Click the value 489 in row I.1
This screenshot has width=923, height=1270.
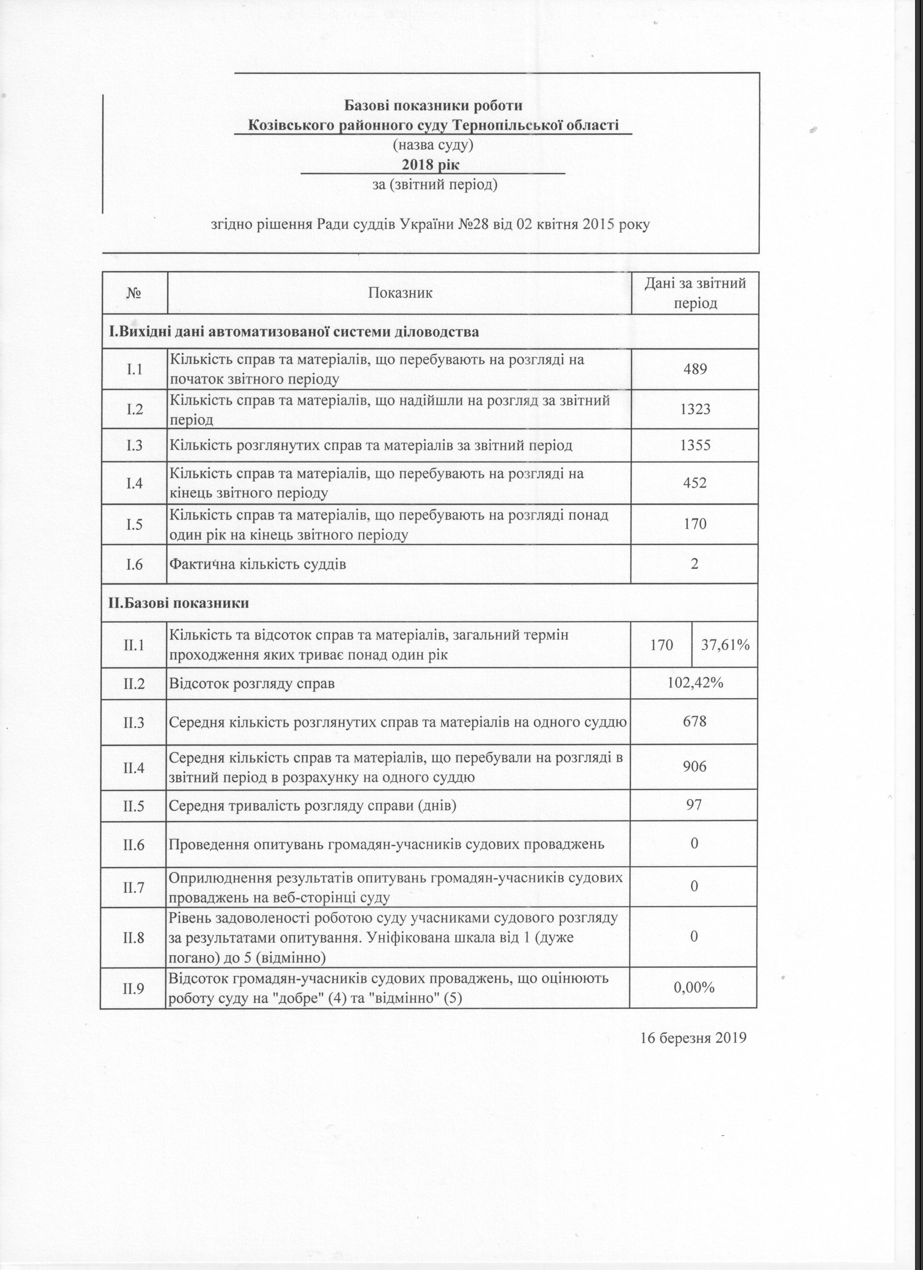pos(695,369)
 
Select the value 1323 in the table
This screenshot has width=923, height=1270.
pos(695,409)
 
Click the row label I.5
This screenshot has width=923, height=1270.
pos(134,524)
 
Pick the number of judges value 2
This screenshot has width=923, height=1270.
pos(695,563)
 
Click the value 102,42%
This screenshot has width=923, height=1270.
pos(695,683)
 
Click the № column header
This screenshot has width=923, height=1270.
pos(134,293)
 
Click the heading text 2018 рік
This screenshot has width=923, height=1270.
pos(431,165)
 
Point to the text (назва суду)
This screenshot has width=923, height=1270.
pos(433,145)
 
